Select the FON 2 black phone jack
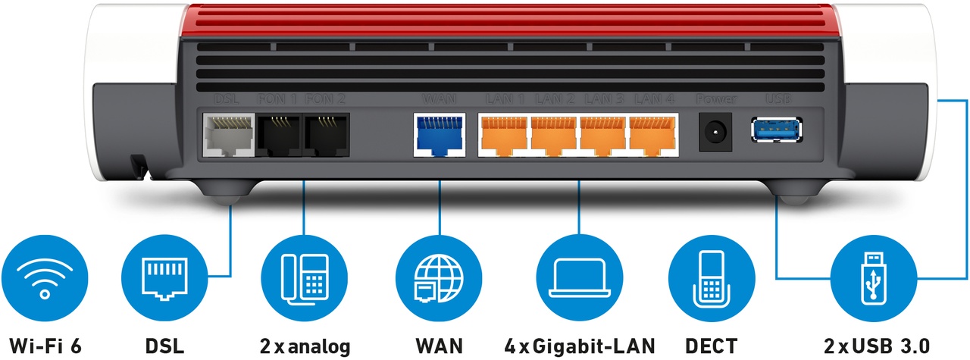326,134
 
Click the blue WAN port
440,135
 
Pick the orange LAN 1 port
502,135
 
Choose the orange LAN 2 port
553,135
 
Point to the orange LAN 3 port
603,135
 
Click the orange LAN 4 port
653,135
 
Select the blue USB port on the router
777,130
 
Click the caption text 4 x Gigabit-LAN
579,346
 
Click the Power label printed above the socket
714,99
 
